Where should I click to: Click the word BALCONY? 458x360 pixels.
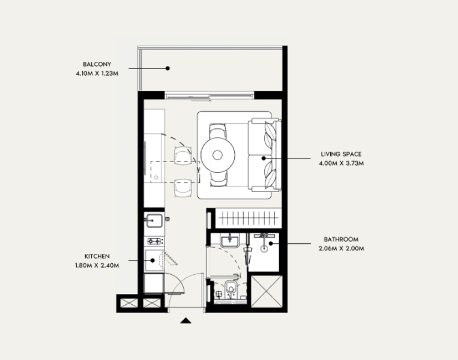click(97, 64)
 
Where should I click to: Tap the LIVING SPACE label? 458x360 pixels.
click(341, 154)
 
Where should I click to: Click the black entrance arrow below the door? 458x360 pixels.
click(186, 321)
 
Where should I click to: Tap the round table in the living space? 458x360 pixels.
click(217, 155)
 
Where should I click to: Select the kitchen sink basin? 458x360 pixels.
click(153, 221)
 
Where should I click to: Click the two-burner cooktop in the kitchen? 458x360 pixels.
click(154, 241)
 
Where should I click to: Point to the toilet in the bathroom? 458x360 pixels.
click(232, 292)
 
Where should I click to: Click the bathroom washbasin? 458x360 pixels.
click(229, 241)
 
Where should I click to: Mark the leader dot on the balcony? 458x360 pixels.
click(168, 68)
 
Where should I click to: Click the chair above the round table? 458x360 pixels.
click(217, 130)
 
